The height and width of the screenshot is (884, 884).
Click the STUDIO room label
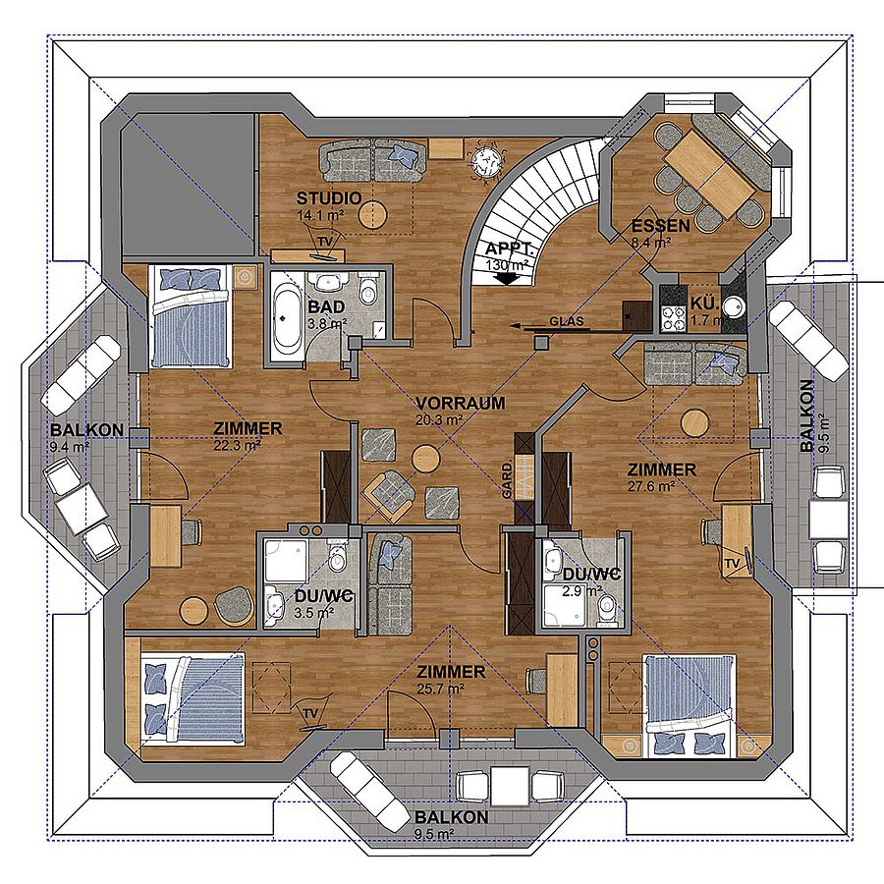pyautogui.click(x=329, y=198)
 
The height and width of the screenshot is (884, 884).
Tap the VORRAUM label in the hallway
pyautogui.click(x=460, y=403)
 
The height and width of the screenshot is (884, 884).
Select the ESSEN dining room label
pyautogui.click(x=660, y=226)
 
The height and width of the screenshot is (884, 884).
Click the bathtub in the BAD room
pyautogui.click(x=287, y=316)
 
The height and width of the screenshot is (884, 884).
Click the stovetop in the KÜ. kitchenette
pyautogui.click(x=670, y=316)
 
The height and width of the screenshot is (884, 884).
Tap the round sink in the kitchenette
pyautogui.click(x=733, y=307)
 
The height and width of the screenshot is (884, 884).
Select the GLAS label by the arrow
pyautogui.click(x=567, y=321)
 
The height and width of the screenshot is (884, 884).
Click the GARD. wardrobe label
pyautogui.click(x=507, y=478)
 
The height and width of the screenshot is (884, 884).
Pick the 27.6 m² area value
pyautogui.click(x=652, y=486)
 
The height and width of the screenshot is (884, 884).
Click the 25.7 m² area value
pyautogui.click(x=440, y=689)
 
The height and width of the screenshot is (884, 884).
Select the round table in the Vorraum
pyautogui.click(x=425, y=459)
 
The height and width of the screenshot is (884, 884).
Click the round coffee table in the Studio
pyautogui.click(x=373, y=215)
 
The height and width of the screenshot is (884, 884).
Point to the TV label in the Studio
pyautogui.click(x=323, y=242)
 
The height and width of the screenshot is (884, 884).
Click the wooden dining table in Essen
pyautogui.click(x=710, y=171)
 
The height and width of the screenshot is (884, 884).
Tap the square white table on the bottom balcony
pyautogui.click(x=510, y=786)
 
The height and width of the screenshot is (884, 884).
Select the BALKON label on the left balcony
pyautogui.click(x=86, y=429)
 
